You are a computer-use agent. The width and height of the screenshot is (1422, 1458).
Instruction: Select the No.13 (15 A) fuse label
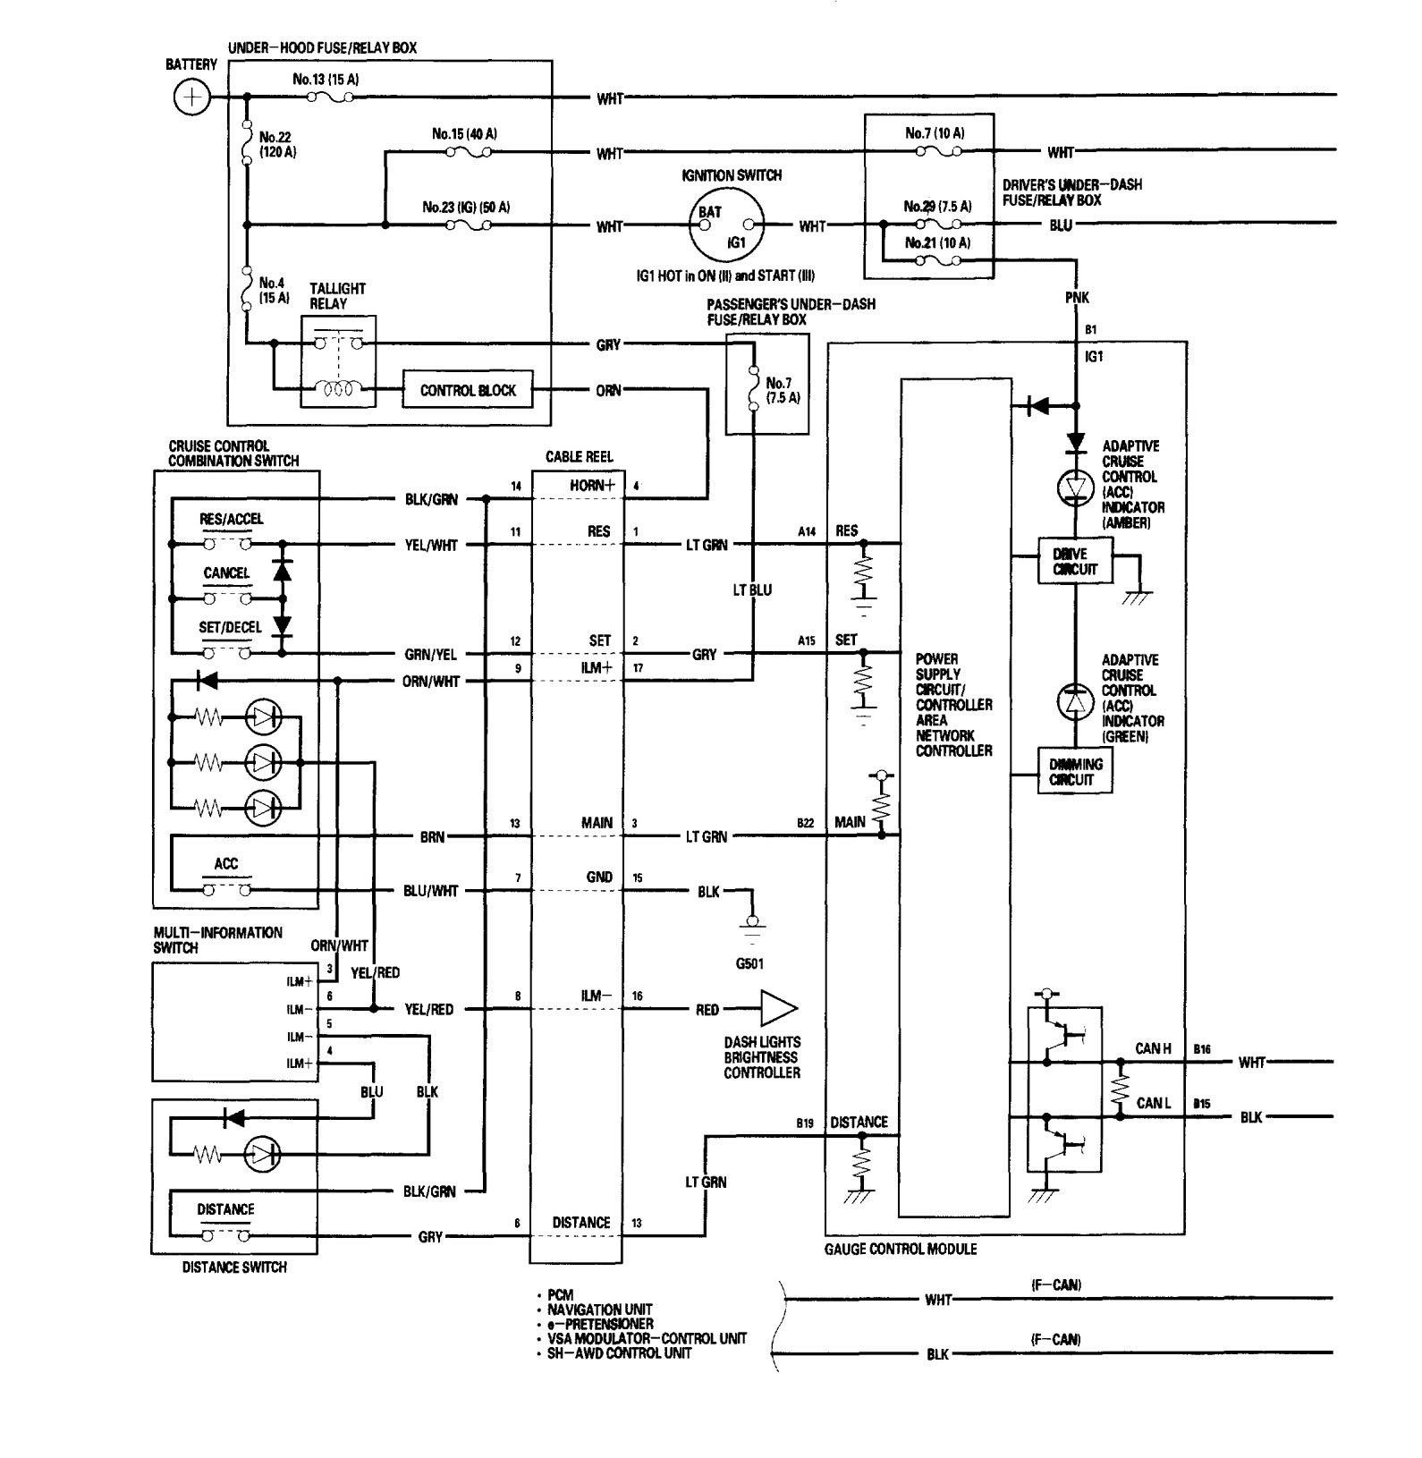(326, 79)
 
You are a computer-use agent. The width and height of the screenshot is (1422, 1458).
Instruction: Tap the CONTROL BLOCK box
(468, 390)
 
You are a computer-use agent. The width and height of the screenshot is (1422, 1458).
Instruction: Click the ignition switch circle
(726, 226)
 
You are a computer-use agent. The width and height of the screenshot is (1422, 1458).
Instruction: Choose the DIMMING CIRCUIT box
(1075, 771)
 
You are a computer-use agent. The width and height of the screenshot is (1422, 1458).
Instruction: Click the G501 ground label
(751, 964)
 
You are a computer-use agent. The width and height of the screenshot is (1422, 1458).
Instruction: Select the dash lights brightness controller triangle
(775, 1009)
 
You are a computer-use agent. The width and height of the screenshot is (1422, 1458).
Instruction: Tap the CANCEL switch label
(226, 572)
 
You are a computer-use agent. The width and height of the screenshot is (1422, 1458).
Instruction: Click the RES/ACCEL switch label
(232, 519)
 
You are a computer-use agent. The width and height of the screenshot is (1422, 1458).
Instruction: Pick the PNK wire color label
(1077, 297)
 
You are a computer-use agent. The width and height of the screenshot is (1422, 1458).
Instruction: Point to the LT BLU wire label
(751, 590)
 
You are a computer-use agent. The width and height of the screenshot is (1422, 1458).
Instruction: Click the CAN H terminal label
(1153, 1048)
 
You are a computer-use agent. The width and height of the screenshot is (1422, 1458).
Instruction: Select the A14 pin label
(807, 531)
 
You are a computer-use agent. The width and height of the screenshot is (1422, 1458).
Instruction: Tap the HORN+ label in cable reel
(592, 485)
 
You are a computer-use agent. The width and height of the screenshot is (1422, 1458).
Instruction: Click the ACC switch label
(226, 863)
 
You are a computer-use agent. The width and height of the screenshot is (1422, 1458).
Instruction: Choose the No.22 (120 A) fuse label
(277, 145)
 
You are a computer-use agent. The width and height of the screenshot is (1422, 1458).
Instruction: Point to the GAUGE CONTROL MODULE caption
(901, 1249)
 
